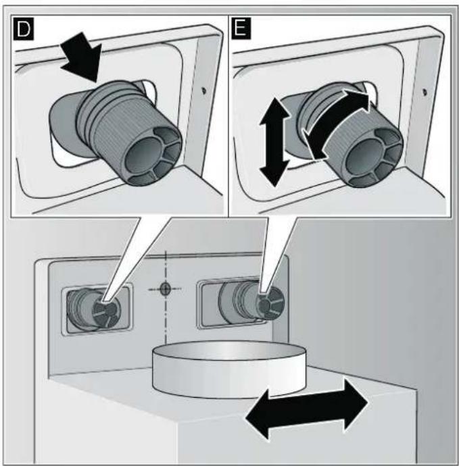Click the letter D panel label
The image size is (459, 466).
[24, 28]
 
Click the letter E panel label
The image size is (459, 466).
[241, 28]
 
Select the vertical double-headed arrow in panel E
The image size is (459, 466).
[274, 142]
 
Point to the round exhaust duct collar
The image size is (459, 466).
[229, 369]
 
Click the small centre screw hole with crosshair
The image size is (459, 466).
[165, 289]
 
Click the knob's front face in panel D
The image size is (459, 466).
[153, 156]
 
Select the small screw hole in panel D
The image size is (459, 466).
[203, 90]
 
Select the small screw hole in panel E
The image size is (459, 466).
[426, 91]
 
